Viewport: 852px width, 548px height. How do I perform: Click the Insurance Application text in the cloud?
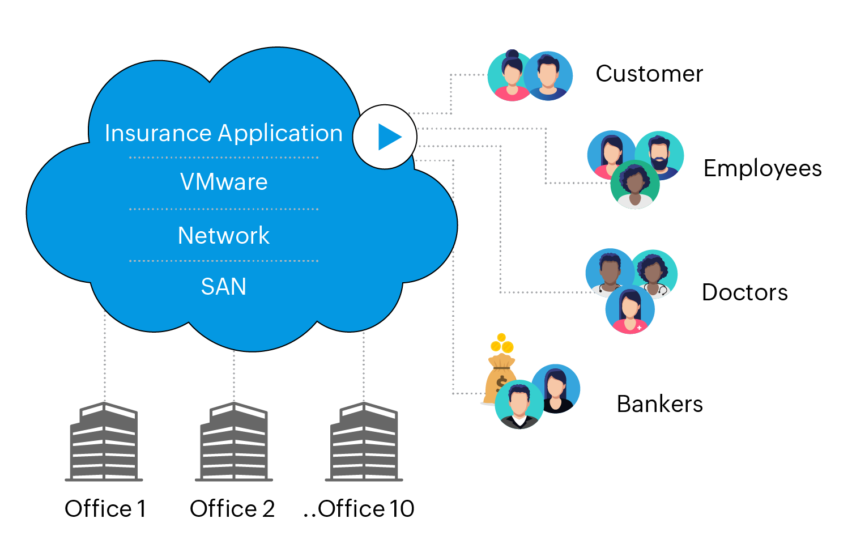(224, 133)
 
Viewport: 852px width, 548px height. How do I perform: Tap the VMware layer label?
(224, 182)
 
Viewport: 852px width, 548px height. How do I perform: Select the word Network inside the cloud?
(224, 235)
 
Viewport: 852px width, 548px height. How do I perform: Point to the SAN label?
(224, 287)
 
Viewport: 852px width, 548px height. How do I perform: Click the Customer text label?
(649, 74)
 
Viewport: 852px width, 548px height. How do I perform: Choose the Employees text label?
(762, 168)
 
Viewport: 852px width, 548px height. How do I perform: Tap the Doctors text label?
(745, 292)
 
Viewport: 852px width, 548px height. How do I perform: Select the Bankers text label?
(659, 404)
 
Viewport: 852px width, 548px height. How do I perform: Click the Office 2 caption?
(232, 509)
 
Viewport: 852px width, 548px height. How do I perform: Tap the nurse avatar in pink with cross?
(630, 310)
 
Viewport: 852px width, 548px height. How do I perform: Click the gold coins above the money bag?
(502, 343)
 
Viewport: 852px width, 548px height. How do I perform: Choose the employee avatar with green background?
(635, 185)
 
